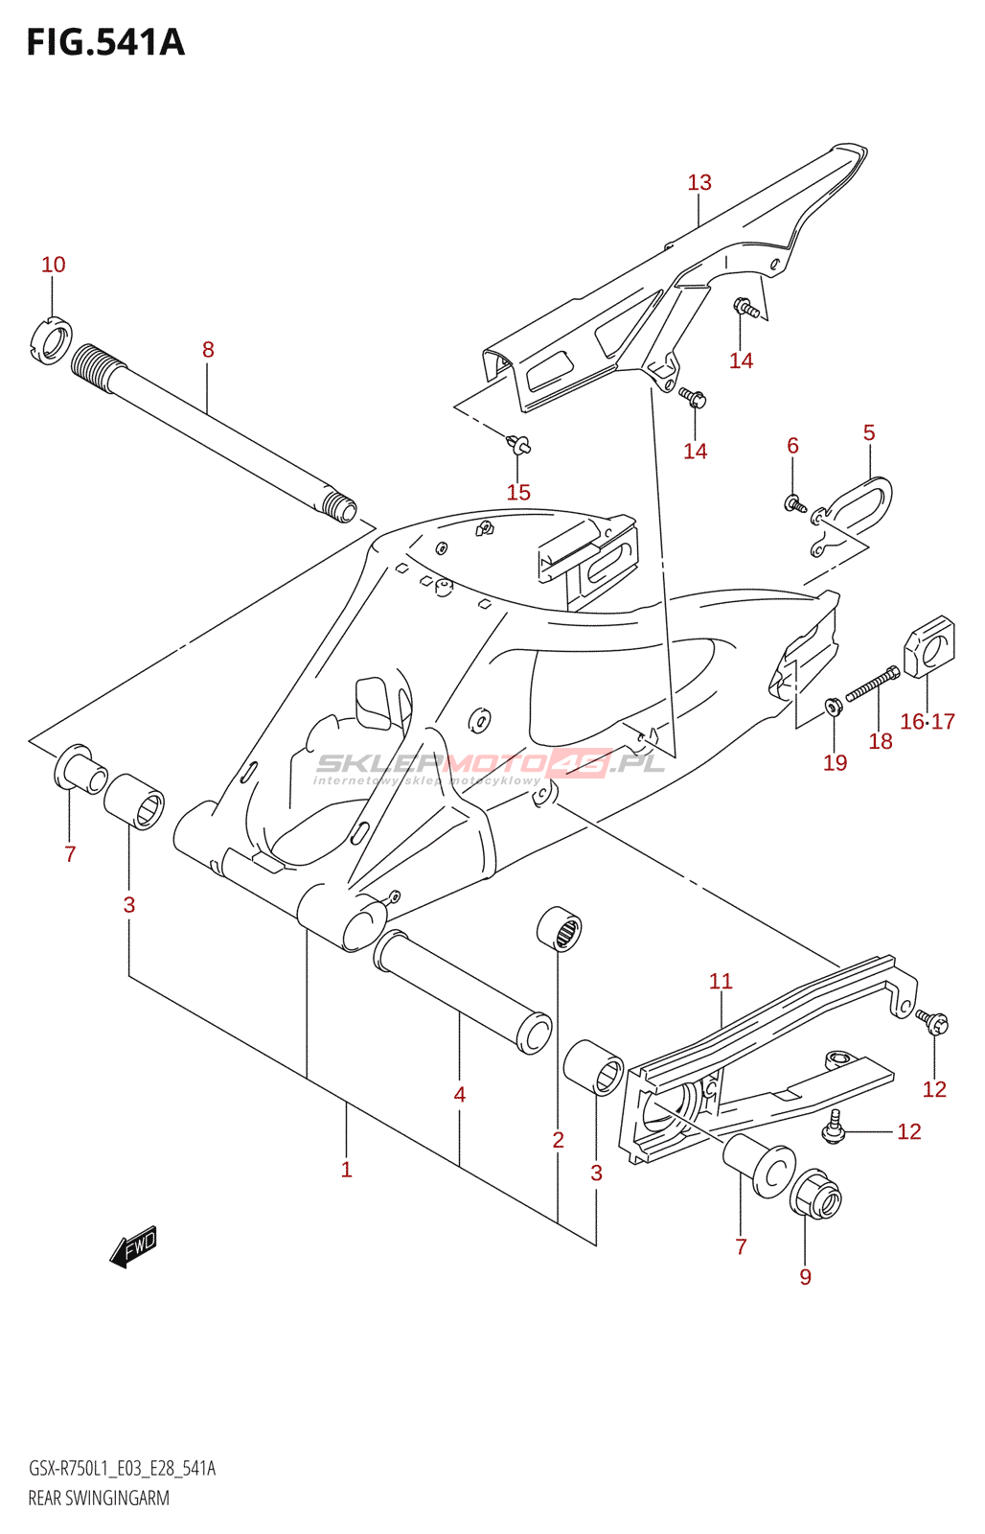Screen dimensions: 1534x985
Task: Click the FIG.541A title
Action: point(105,42)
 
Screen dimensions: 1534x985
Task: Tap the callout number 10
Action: point(54,265)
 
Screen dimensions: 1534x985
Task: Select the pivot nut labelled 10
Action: point(52,340)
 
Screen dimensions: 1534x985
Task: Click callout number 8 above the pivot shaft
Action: point(208,350)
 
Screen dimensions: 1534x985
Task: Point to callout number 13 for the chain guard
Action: point(699,182)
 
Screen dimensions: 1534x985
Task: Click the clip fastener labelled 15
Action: point(519,444)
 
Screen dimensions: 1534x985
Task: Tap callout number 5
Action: point(869,432)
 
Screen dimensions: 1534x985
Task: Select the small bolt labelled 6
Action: point(794,501)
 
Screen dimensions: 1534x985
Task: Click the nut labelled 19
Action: point(834,708)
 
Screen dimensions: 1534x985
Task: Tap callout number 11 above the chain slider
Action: point(721,981)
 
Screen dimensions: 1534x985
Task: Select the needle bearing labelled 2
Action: point(559,928)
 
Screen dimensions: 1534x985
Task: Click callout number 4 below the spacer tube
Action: point(460,1095)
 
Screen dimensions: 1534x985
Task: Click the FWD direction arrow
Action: point(133,1246)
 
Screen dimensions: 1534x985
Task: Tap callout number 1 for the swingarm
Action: point(347,1170)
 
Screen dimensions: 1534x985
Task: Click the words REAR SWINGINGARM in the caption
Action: point(99,1498)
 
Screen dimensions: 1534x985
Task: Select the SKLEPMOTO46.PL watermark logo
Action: point(489,765)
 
